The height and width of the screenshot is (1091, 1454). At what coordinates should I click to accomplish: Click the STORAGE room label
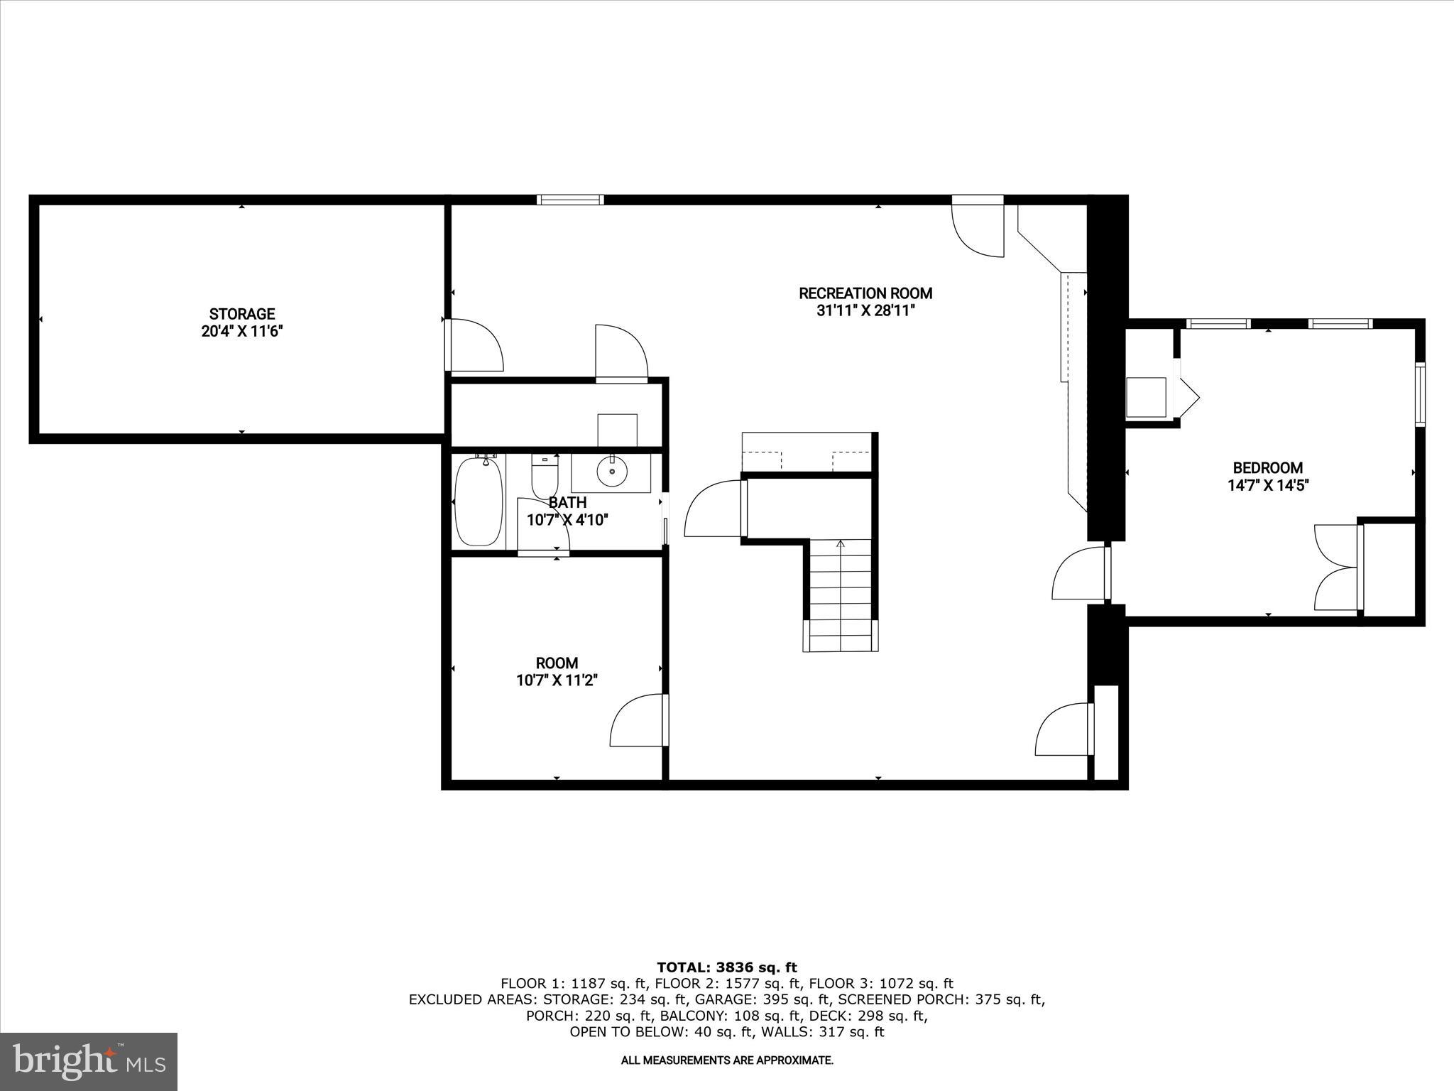click(x=241, y=314)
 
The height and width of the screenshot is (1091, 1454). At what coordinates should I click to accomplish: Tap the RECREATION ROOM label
click(x=865, y=293)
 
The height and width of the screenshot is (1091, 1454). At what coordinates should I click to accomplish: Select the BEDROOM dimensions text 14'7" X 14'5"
click(x=1267, y=486)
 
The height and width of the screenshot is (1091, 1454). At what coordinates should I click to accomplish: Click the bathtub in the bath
click(x=479, y=501)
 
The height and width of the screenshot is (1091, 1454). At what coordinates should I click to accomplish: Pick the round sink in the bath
click(x=611, y=470)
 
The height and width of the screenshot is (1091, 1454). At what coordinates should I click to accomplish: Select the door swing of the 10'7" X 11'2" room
click(x=638, y=721)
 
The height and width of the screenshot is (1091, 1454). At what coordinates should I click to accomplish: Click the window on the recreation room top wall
click(x=570, y=200)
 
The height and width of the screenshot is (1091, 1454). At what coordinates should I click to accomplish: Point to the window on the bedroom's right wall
click(x=1420, y=394)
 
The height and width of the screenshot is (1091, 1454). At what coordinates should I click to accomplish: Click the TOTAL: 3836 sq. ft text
click(x=726, y=967)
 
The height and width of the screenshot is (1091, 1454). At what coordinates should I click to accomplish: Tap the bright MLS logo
click(x=89, y=1061)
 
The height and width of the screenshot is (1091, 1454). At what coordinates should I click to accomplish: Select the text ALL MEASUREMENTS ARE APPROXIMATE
click(x=726, y=1060)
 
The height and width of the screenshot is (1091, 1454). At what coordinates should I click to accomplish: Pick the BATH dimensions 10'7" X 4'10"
click(x=567, y=520)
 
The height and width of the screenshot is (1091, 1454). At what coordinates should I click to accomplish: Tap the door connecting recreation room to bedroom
click(x=1079, y=572)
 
